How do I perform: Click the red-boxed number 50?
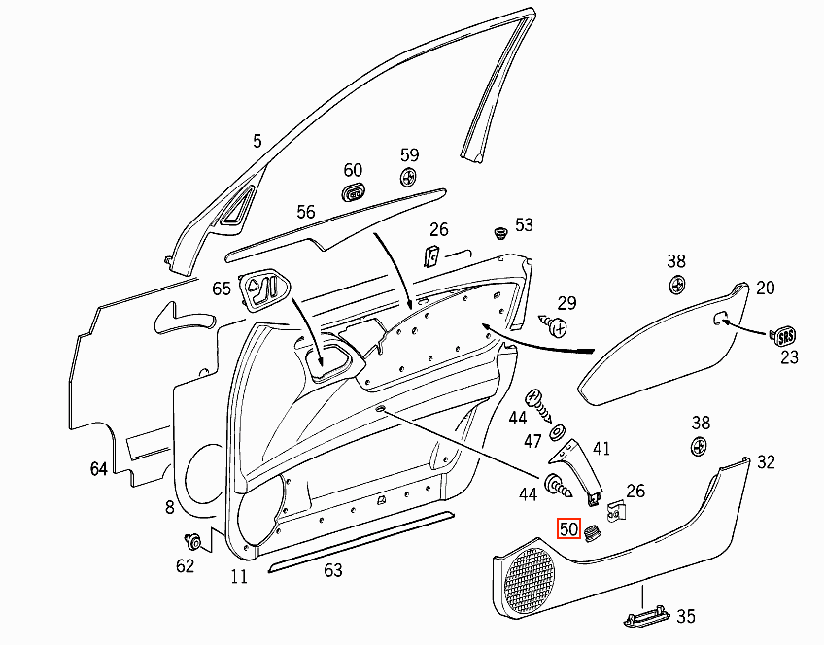click(568, 528)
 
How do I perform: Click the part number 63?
click(333, 570)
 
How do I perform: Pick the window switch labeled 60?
click(355, 192)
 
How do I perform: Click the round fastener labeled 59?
click(408, 178)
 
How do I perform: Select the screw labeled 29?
click(553, 325)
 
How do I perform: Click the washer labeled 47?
click(557, 433)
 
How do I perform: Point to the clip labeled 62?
click(194, 540)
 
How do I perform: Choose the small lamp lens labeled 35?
click(646, 618)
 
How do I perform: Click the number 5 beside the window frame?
click(257, 141)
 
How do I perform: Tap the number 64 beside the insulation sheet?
click(99, 469)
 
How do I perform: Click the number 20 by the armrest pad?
click(765, 288)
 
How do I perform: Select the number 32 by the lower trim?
click(767, 462)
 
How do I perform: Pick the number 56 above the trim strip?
click(306, 212)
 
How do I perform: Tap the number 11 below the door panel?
click(239, 577)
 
